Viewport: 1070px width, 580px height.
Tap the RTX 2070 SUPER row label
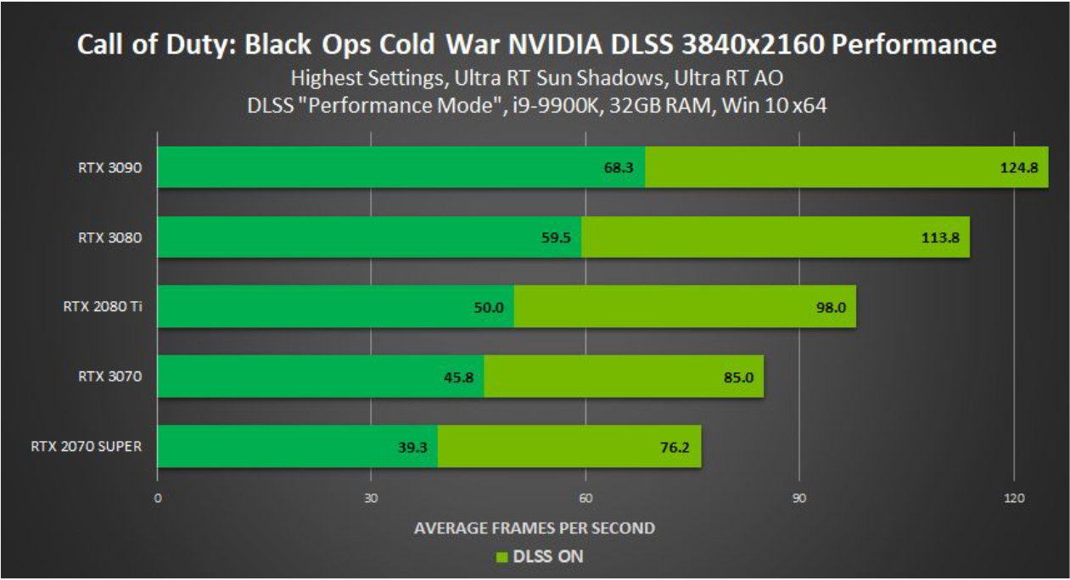(x=86, y=446)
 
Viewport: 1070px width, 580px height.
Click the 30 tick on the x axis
(x=371, y=498)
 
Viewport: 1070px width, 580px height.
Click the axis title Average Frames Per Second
(x=534, y=527)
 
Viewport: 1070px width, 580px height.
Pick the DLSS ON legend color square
(x=501, y=557)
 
